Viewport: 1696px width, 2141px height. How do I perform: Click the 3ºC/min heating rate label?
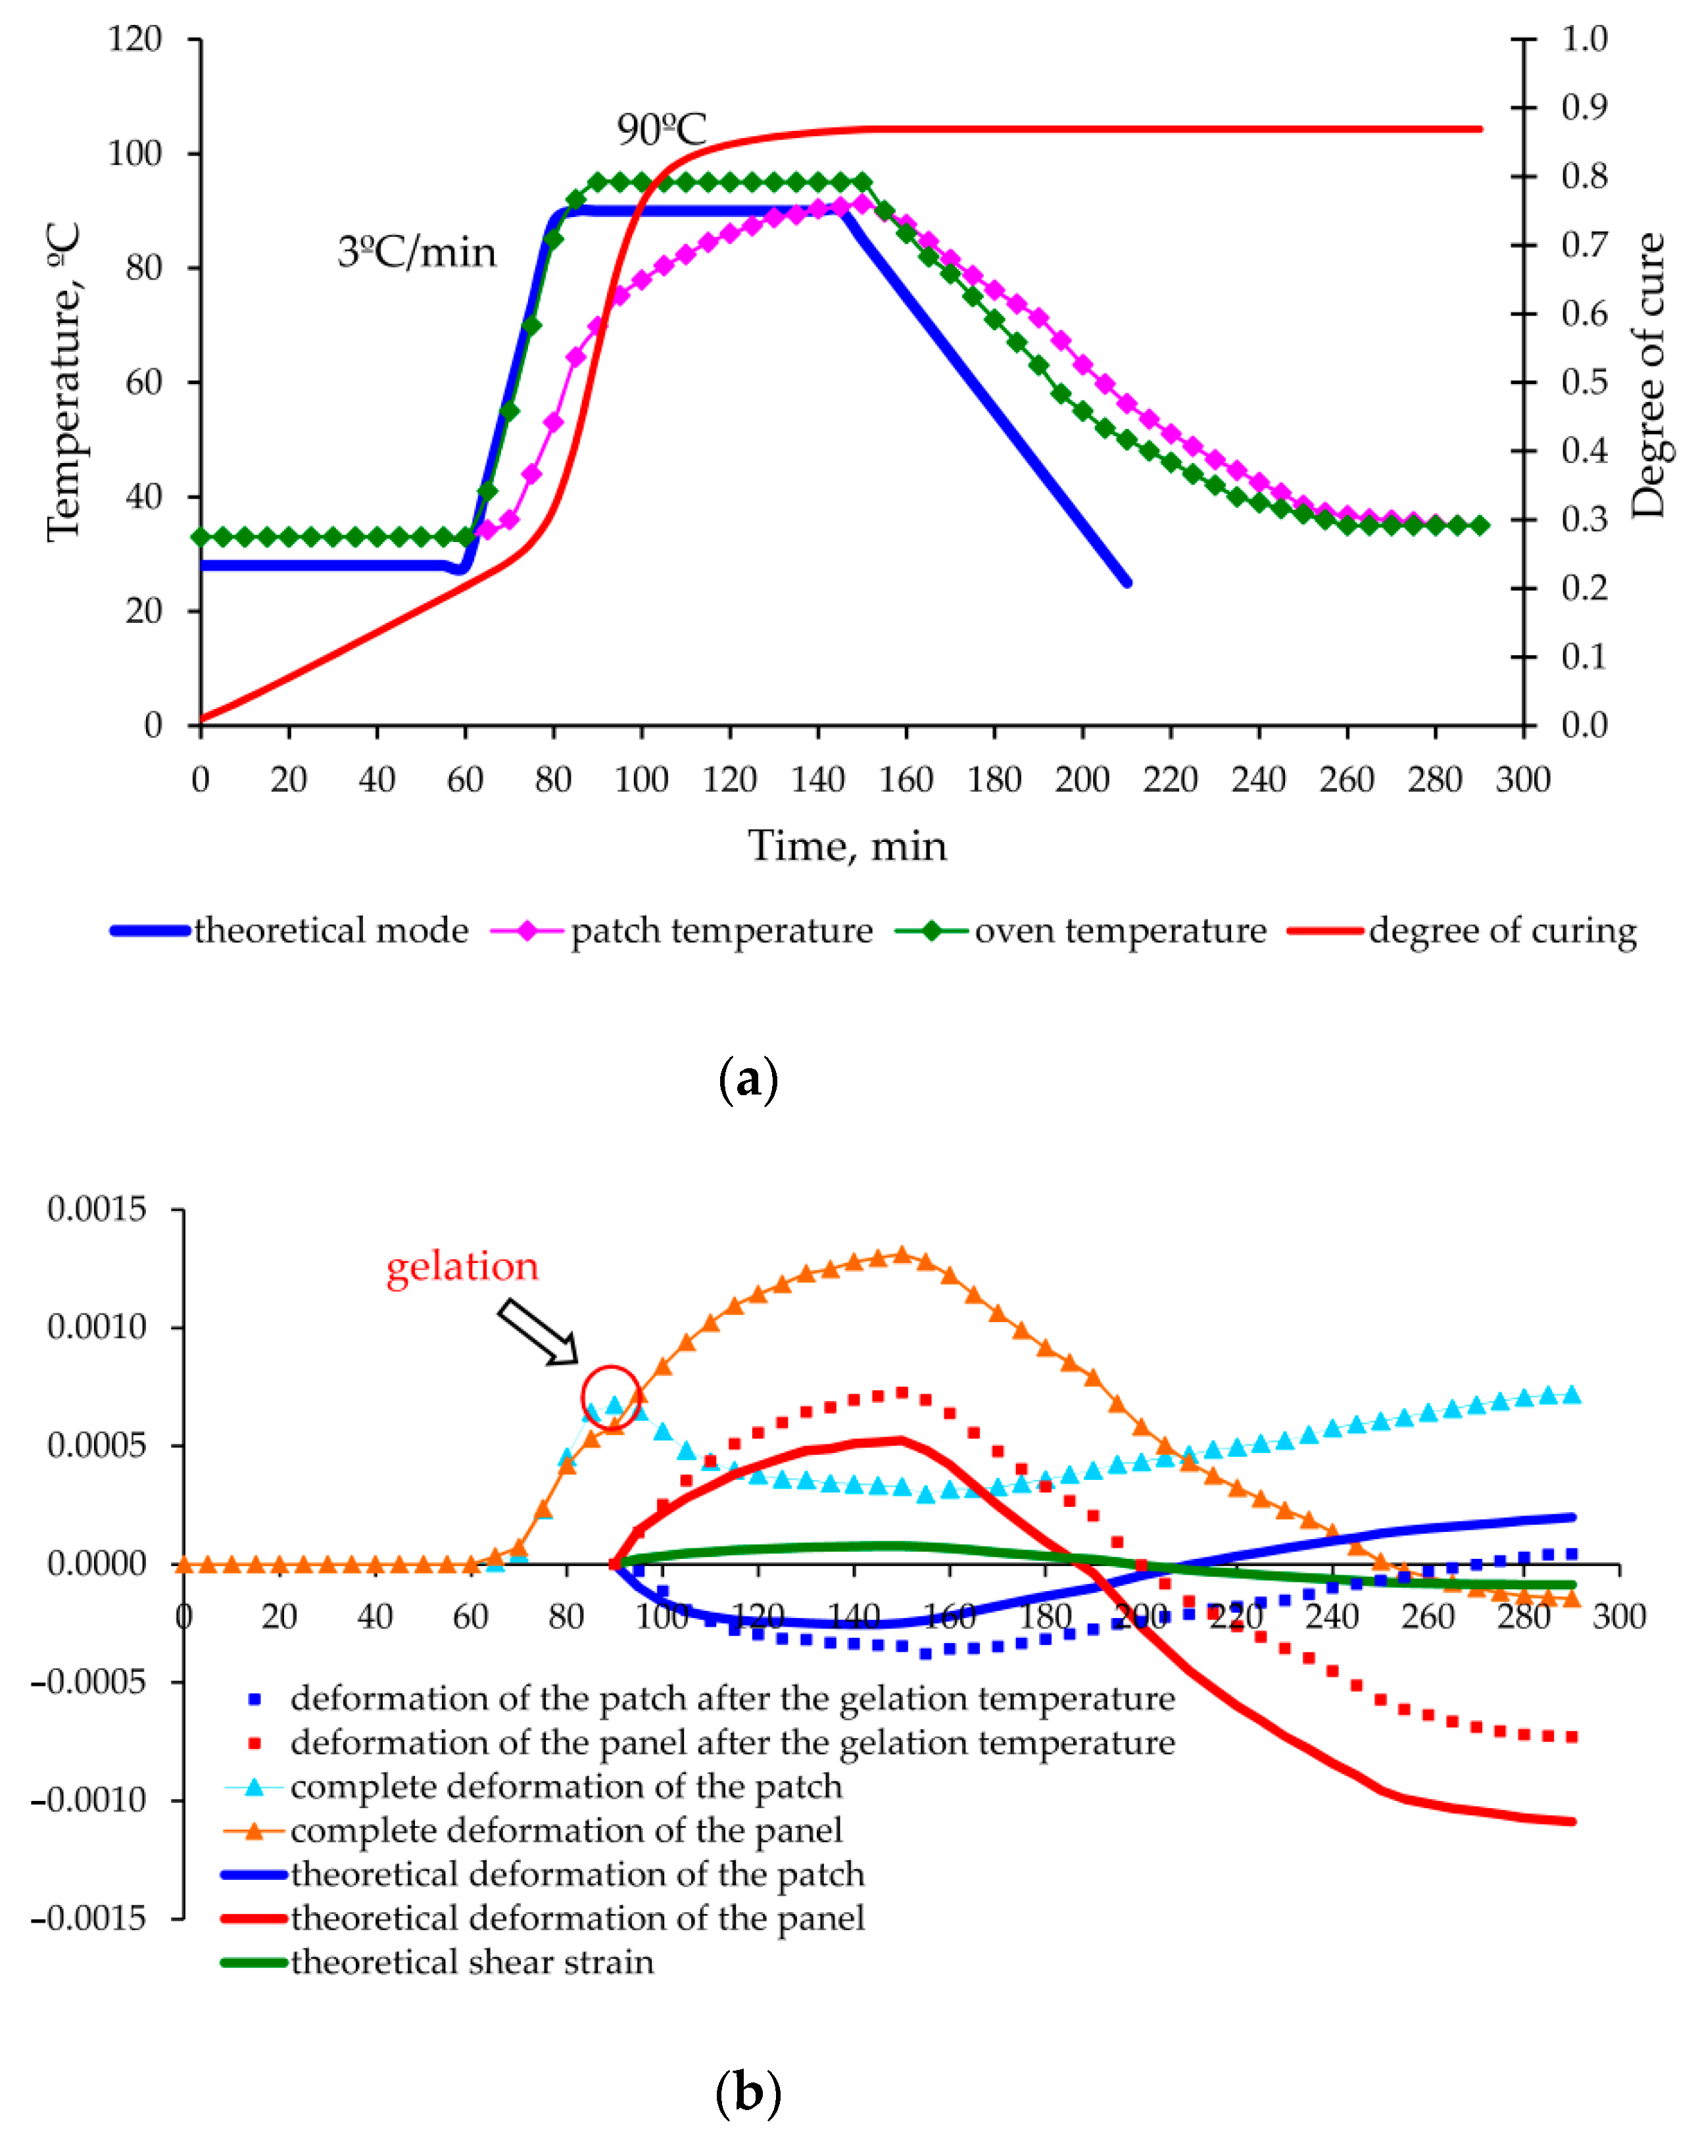[x=416, y=252]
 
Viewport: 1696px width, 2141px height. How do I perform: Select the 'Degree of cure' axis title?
[x=1647, y=376]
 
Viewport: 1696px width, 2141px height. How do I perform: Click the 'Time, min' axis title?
[x=847, y=846]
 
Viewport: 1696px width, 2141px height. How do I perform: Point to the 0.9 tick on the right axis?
[x=1584, y=107]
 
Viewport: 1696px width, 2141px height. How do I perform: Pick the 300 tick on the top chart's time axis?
[x=1522, y=779]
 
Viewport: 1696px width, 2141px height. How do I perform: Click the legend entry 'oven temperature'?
[x=1119, y=931]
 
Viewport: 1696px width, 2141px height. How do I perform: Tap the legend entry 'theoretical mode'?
[x=331, y=931]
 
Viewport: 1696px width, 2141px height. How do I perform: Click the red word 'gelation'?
[x=462, y=1266]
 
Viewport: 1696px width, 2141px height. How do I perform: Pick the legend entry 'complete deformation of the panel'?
[x=566, y=1830]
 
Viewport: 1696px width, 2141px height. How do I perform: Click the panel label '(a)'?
[x=746, y=1079]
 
